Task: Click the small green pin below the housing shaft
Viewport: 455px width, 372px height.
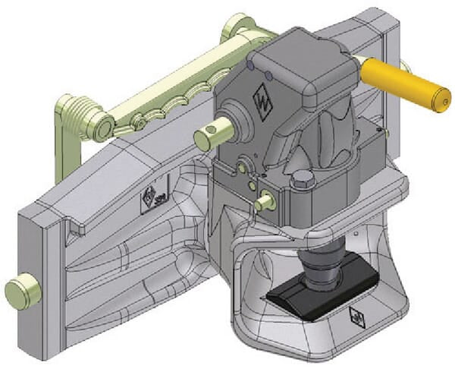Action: click(265, 202)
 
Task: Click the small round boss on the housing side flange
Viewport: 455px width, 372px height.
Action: click(242, 165)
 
